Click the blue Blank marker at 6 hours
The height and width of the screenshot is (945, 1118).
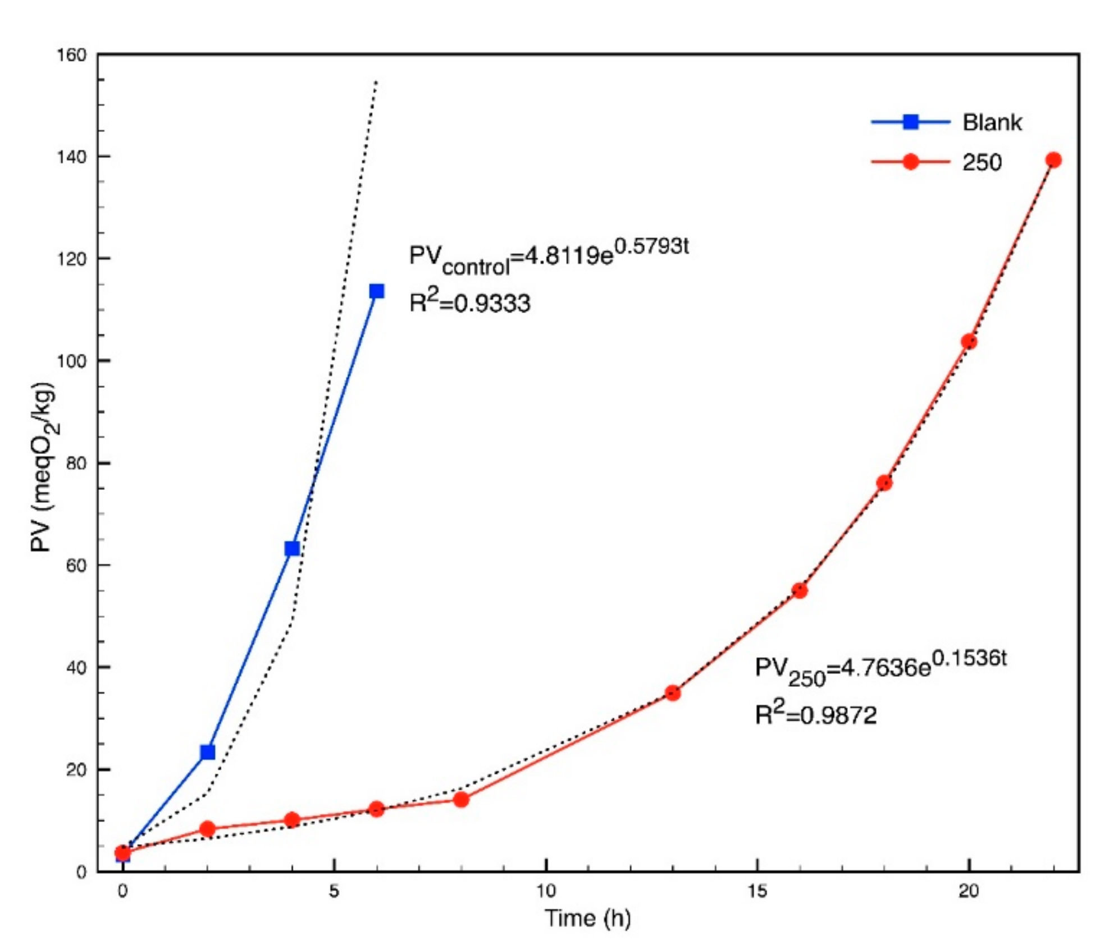point(376,291)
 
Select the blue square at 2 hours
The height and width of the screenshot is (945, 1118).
point(207,752)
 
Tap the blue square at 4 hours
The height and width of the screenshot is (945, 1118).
point(292,548)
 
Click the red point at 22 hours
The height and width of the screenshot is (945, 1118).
point(1053,160)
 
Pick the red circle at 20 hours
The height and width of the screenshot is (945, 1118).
point(969,342)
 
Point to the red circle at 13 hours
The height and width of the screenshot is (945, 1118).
point(673,693)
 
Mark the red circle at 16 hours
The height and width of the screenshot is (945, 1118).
point(800,590)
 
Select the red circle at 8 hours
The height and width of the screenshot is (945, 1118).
point(461,799)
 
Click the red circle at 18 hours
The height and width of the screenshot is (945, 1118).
point(884,483)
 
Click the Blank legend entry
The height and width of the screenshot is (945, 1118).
point(992,122)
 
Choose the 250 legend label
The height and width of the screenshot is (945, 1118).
point(982,163)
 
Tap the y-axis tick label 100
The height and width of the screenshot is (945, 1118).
point(72,361)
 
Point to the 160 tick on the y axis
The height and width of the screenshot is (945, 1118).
point(72,55)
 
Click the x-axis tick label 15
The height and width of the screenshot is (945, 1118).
point(757,891)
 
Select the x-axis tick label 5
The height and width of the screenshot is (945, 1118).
point(334,891)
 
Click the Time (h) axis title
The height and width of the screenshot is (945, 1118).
point(587,918)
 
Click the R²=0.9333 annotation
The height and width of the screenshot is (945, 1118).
point(469,302)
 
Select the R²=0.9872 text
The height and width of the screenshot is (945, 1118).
point(815,714)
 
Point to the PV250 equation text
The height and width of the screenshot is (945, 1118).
point(880,668)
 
